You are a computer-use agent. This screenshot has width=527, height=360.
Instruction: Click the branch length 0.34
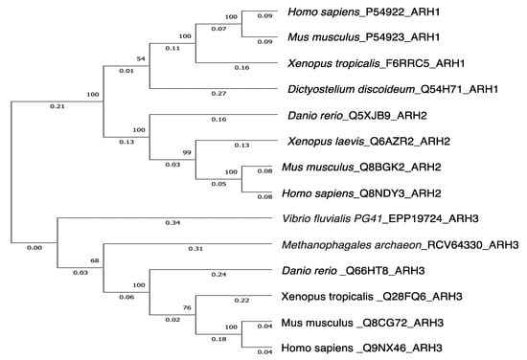173,224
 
